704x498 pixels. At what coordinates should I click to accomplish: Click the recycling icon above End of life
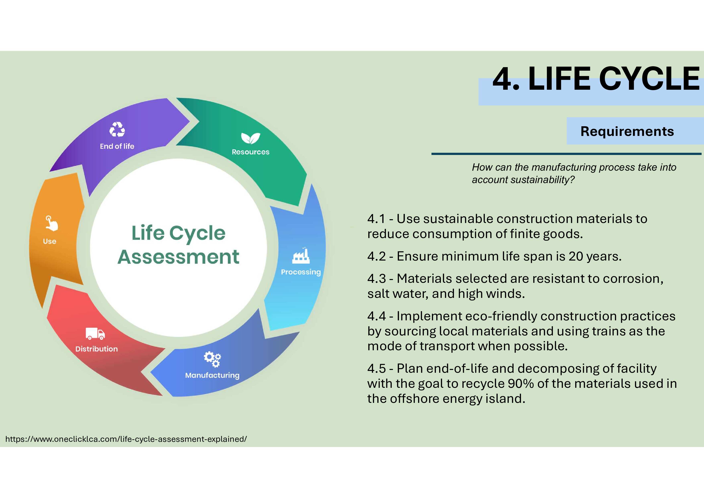coord(117,129)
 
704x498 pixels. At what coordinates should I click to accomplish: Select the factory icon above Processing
coord(301,256)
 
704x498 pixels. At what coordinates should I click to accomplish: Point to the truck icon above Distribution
coord(95,334)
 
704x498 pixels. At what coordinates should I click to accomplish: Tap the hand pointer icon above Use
coord(52,223)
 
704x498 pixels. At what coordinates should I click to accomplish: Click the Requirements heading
coord(627,131)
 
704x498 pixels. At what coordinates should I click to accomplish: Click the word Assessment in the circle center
coord(178,257)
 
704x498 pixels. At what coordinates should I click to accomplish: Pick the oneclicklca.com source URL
coord(126,439)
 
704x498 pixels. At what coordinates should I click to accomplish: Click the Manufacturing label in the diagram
coord(212,376)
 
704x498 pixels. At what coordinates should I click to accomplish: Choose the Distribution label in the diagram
coord(97,349)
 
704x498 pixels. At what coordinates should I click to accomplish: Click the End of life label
coord(117,146)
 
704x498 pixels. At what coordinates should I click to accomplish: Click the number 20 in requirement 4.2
coord(576,256)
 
